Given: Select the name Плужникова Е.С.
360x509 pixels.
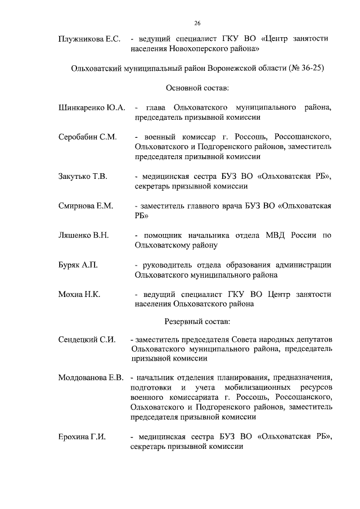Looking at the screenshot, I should pyautogui.click(x=90, y=39).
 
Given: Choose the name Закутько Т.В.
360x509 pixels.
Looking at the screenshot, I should pyautogui.click(x=83, y=177).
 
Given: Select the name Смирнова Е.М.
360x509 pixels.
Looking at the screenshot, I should pyautogui.click(x=86, y=206).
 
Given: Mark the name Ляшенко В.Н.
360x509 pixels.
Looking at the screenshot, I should pyautogui.click(x=84, y=236).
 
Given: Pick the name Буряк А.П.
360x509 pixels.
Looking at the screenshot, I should pyautogui.click(x=78, y=265).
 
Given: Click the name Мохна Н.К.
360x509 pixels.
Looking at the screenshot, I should pyautogui.click(x=79, y=294).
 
